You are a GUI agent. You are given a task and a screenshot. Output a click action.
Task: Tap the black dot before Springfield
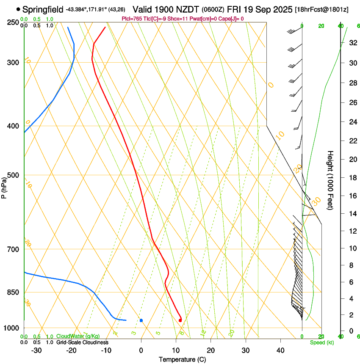click(18, 9)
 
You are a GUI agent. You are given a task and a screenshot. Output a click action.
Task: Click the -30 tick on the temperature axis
click(37, 350)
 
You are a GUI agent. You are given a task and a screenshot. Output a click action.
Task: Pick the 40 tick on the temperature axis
click(280, 350)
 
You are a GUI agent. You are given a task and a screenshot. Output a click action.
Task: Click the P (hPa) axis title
click(4, 187)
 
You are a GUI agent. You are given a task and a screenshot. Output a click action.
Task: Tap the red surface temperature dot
click(180, 320)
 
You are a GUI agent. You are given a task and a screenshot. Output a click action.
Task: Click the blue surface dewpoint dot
click(141, 320)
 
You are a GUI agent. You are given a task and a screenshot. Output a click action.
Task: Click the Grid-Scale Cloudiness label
click(82, 342)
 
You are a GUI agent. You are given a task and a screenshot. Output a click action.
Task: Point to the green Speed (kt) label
click(321, 342)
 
